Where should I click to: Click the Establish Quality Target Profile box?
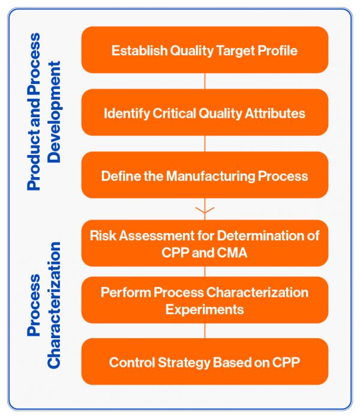point(205,50)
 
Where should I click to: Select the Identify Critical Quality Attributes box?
point(205,112)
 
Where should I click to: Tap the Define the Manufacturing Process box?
point(205,175)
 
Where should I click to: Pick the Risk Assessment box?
point(205,243)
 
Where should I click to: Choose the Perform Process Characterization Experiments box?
point(205,300)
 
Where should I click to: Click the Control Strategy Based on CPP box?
point(205,362)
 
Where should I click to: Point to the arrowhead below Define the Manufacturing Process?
point(205,211)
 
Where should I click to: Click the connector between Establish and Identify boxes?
point(205,81)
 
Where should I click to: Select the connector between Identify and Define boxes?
point(205,144)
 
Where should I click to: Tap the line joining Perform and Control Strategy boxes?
point(205,331)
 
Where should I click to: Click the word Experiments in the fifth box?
point(205,309)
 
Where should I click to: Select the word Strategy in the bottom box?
point(178,363)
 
